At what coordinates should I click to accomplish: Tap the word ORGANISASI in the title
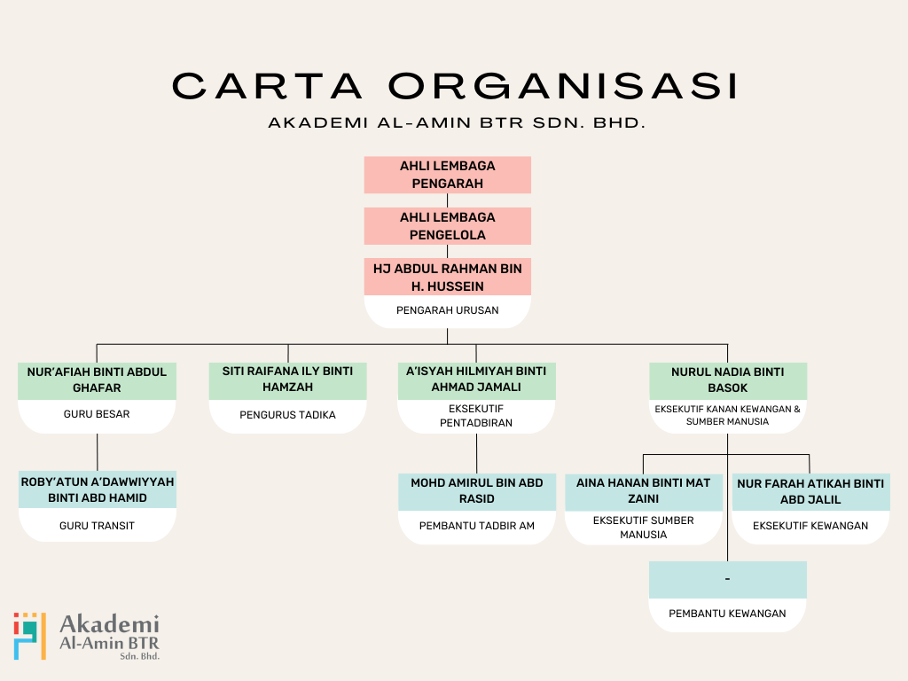tap(563, 86)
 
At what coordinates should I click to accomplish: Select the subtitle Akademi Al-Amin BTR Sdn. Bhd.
tap(457, 123)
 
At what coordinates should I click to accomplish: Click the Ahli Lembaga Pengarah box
tap(447, 175)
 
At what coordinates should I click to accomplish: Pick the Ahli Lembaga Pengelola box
tap(447, 226)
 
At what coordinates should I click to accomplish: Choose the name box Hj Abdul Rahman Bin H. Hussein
tap(447, 277)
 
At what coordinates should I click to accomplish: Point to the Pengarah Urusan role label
tap(447, 310)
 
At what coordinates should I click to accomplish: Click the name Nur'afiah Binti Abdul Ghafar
tap(97, 380)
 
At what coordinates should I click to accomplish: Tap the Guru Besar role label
tap(97, 414)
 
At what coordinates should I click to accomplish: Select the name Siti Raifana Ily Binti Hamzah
tap(287, 380)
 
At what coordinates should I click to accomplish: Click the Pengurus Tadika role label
tap(287, 414)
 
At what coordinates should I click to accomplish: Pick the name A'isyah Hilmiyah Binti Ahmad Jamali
tap(476, 380)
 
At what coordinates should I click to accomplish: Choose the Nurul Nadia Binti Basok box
tap(727, 380)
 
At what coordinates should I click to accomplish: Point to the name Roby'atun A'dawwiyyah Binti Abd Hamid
tap(97, 489)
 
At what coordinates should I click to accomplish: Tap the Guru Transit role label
tap(97, 526)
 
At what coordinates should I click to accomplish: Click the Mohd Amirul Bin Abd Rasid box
tap(476, 491)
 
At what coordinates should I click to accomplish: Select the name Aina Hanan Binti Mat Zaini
tap(643, 491)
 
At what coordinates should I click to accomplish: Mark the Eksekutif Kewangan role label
tap(810, 526)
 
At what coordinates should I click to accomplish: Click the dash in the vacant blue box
tap(727, 579)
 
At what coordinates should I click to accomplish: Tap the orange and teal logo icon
tap(29, 635)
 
